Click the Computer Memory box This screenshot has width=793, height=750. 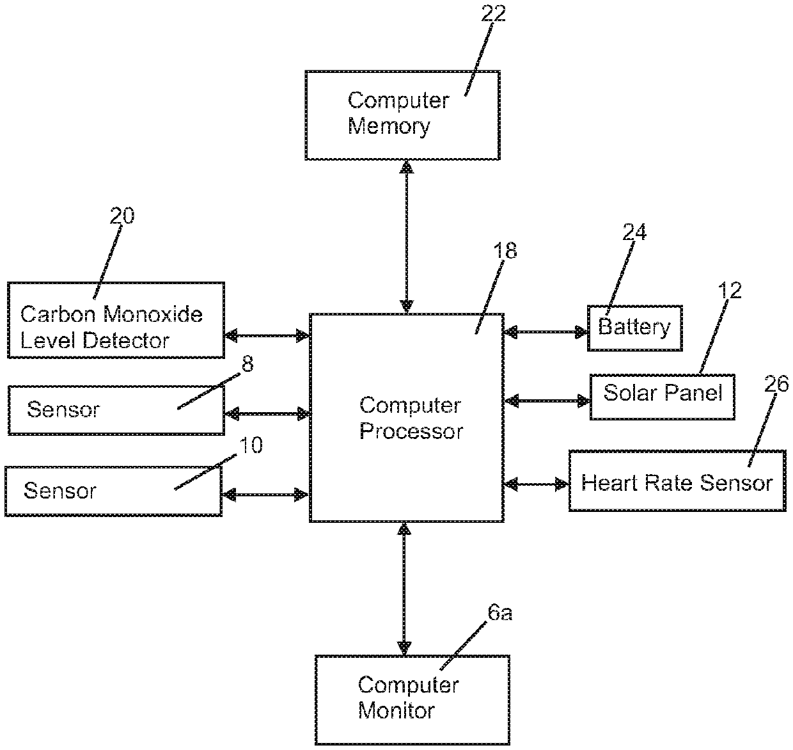coord(402,115)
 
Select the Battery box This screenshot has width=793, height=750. coord(634,328)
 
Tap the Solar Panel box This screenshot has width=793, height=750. coord(662,397)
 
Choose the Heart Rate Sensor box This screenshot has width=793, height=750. coord(677,481)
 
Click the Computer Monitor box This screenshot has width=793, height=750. coord(412,699)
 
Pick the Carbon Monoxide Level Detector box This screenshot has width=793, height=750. coord(116,320)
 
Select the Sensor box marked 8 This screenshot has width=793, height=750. coord(116,410)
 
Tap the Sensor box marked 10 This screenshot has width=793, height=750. coord(113,491)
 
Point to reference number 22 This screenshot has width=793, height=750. coord(493,13)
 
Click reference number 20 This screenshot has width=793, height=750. coord(122,216)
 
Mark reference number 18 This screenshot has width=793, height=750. coord(505,251)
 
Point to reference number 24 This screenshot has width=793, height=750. coord(634,232)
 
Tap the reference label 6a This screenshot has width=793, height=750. coord(499,613)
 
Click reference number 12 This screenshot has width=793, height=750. coord(730,291)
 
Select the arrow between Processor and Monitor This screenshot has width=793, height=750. coord(404,587)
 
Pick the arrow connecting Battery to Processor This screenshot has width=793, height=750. coord(546,331)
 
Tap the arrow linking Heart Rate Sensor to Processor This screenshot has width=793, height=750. coord(536,484)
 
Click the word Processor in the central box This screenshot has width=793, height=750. coord(411,431)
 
